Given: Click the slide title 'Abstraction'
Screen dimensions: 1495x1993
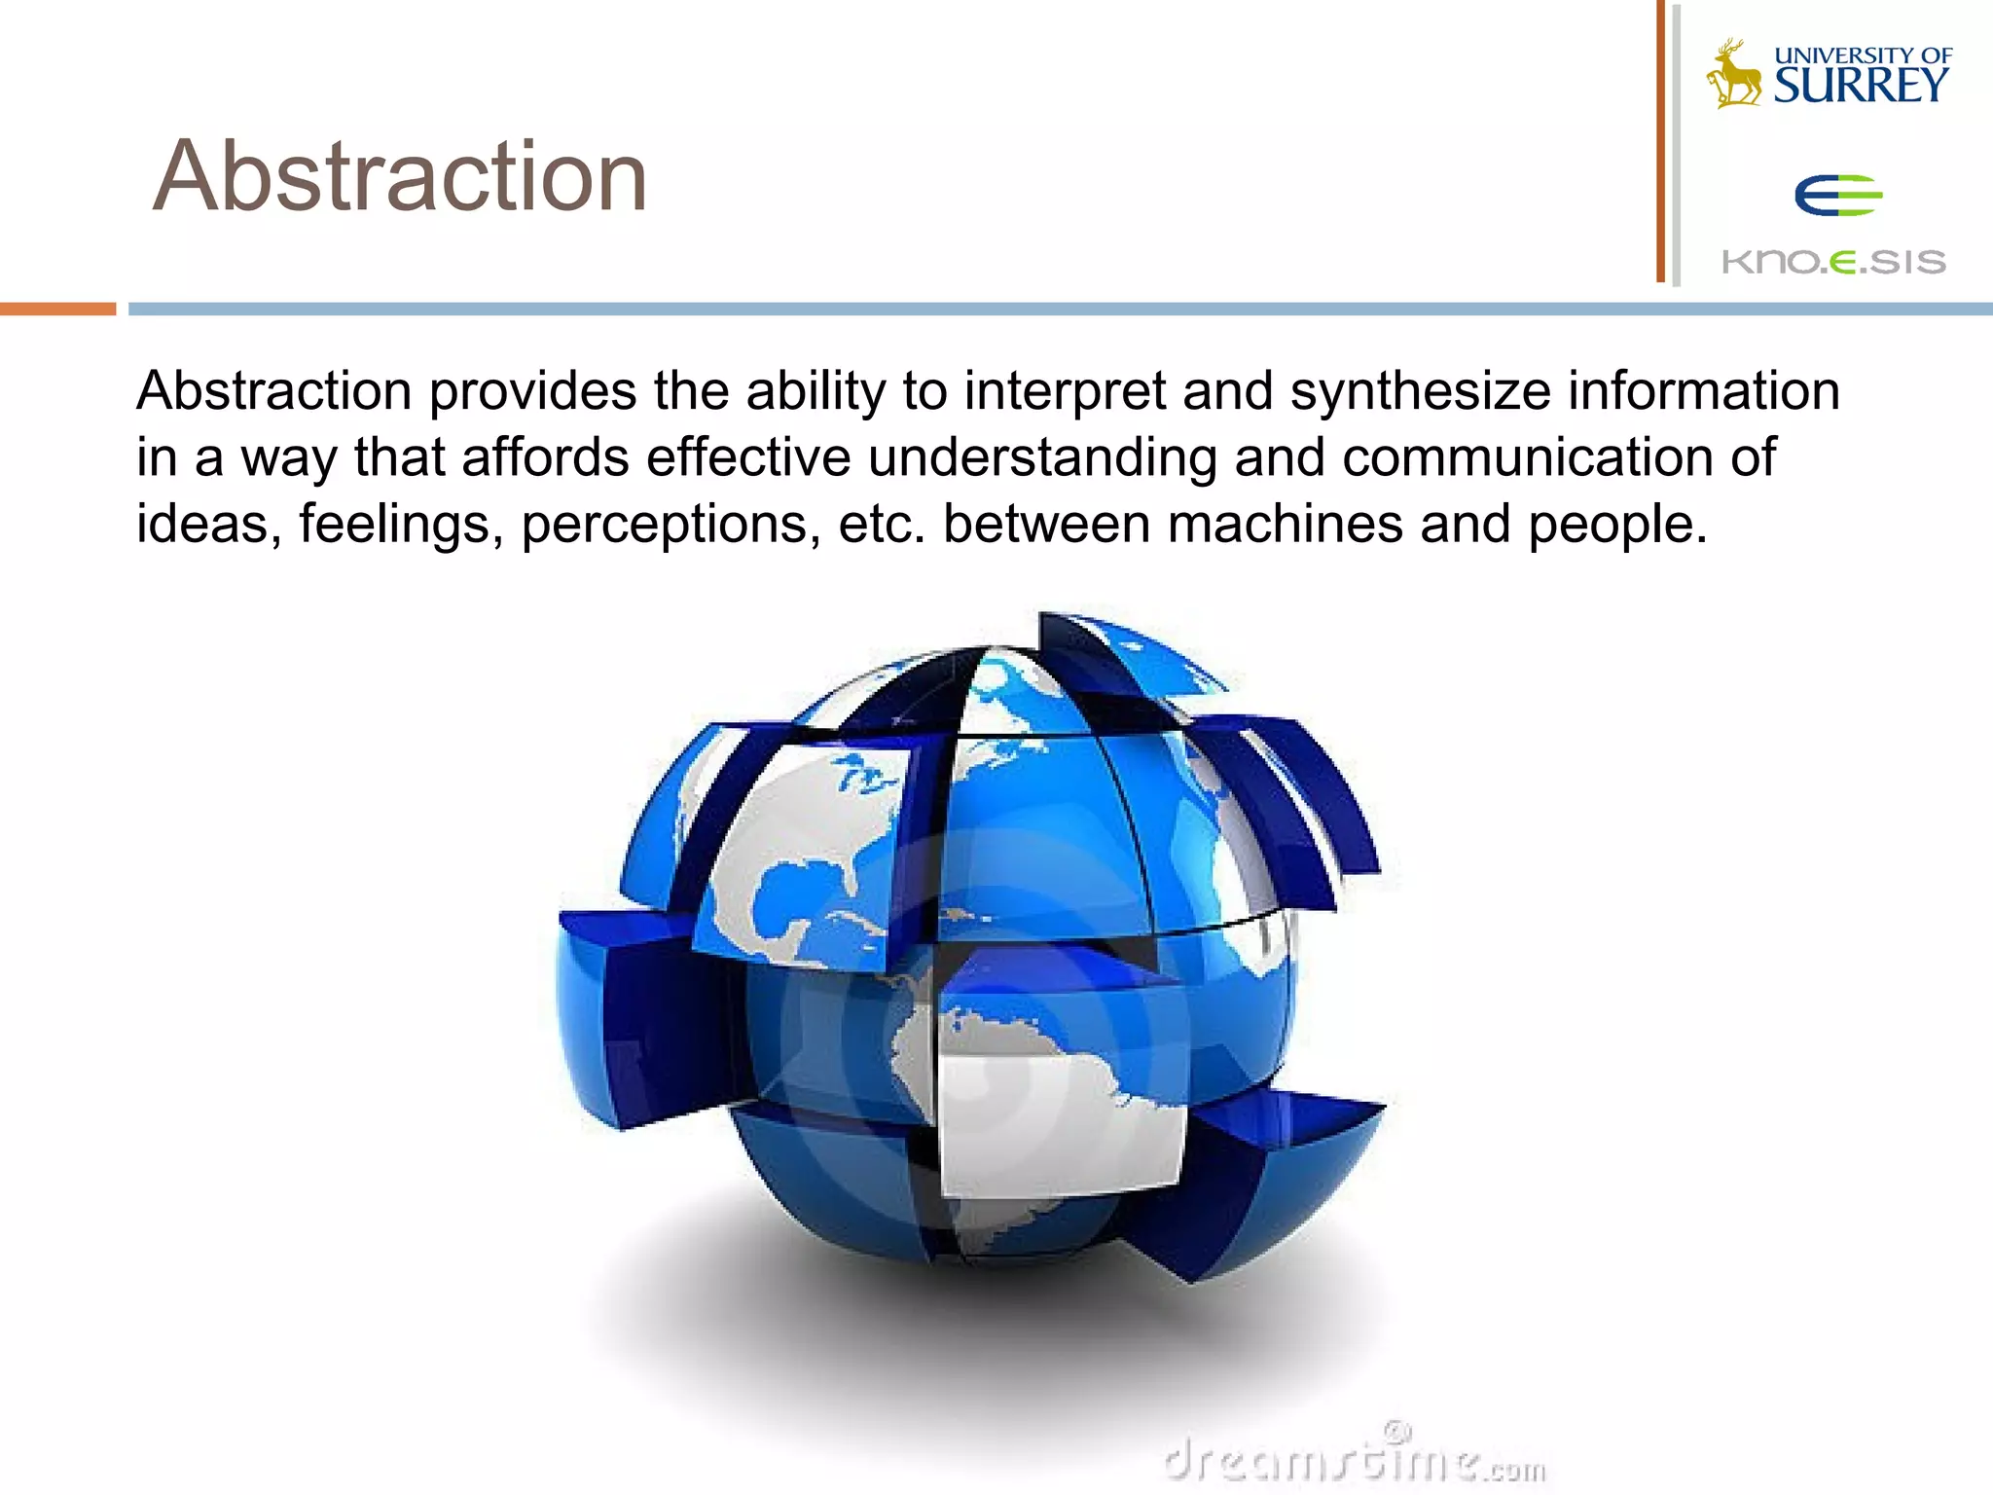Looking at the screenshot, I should tap(400, 176).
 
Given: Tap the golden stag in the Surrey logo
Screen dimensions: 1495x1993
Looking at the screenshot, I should tap(1734, 76).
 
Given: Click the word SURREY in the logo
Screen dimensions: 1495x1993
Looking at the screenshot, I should tap(1861, 87).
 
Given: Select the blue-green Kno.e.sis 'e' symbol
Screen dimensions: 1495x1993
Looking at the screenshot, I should tap(1837, 196).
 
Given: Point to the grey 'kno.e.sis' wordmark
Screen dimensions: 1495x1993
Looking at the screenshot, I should tap(1833, 262).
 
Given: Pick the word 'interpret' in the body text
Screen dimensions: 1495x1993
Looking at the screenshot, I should tap(1064, 392).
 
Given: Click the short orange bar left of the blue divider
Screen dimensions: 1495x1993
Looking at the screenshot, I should tap(57, 309).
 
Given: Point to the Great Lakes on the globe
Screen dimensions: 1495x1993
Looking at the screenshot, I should tap(861, 774).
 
